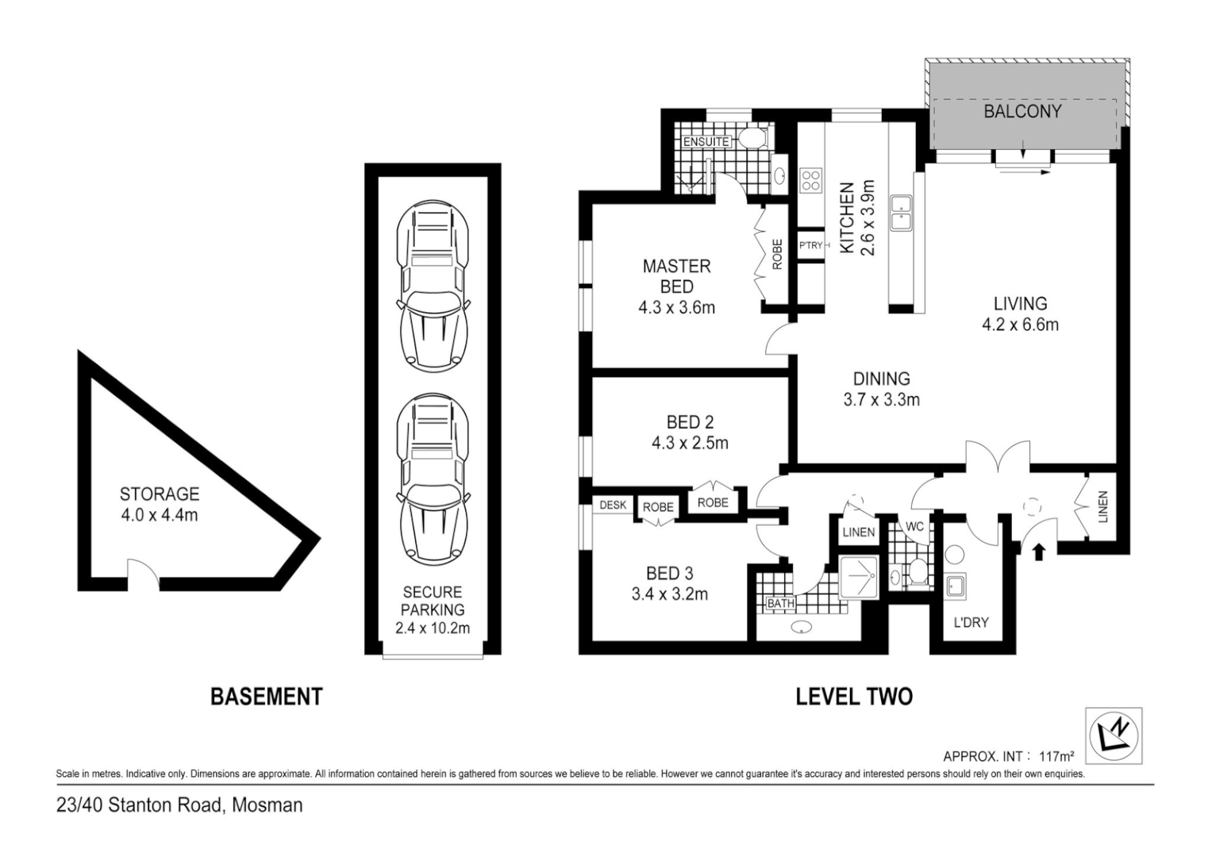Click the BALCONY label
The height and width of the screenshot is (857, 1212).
tap(1022, 111)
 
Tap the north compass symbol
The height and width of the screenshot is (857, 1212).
tap(1114, 736)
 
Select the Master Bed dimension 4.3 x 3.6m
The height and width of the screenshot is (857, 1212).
tap(676, 308)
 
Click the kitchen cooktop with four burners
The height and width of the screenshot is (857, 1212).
tap(811, 181)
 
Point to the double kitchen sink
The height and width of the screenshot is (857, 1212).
tap(902, 213)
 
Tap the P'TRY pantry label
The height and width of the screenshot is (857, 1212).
tap(810, 246)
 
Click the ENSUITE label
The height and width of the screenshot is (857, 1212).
tap(706, 142)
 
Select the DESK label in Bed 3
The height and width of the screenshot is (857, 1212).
tap(613, 505)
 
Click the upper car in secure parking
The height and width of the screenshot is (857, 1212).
tap(433, 286)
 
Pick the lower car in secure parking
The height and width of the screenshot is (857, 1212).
tap(433, 478)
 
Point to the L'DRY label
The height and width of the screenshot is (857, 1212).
tap(972, 623)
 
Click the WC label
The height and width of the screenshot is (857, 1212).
tap(914, 526)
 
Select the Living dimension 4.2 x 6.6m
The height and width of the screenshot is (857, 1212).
tap(1020, 325)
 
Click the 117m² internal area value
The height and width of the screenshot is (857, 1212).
tap(1056, 755)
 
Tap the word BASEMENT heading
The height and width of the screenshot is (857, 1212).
tap(266, 697)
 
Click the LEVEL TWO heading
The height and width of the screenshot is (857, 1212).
tap(854, 697)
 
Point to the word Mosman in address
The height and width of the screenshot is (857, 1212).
tap(267, 805)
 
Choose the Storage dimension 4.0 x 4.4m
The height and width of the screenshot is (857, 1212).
tap(160, 515)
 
